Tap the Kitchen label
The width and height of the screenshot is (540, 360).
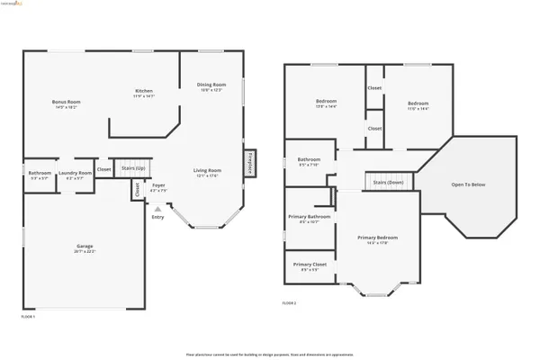144,91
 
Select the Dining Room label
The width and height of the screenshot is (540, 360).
211,85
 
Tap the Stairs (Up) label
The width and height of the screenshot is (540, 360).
133,166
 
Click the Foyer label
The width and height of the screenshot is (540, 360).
157,187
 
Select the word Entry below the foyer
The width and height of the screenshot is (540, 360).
157,216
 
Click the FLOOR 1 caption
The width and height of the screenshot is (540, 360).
30,317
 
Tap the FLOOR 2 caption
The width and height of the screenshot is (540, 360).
289,303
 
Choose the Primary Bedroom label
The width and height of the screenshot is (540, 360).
377,238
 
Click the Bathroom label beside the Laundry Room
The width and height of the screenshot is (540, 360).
40,172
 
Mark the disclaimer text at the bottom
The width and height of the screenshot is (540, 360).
269,353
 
